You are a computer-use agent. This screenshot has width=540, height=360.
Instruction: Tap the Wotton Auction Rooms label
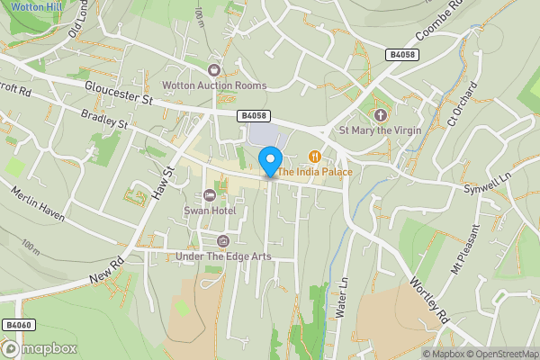click(x=214, y=86)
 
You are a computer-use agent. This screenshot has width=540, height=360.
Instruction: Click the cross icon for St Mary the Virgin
click(x=380, y=115)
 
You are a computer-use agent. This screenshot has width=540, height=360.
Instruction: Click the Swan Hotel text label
click(x=209, y=211)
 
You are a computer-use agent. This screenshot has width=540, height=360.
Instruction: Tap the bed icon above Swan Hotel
click(x=210, y=195)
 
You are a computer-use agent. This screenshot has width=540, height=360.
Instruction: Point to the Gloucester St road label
click(x=121, y=94)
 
